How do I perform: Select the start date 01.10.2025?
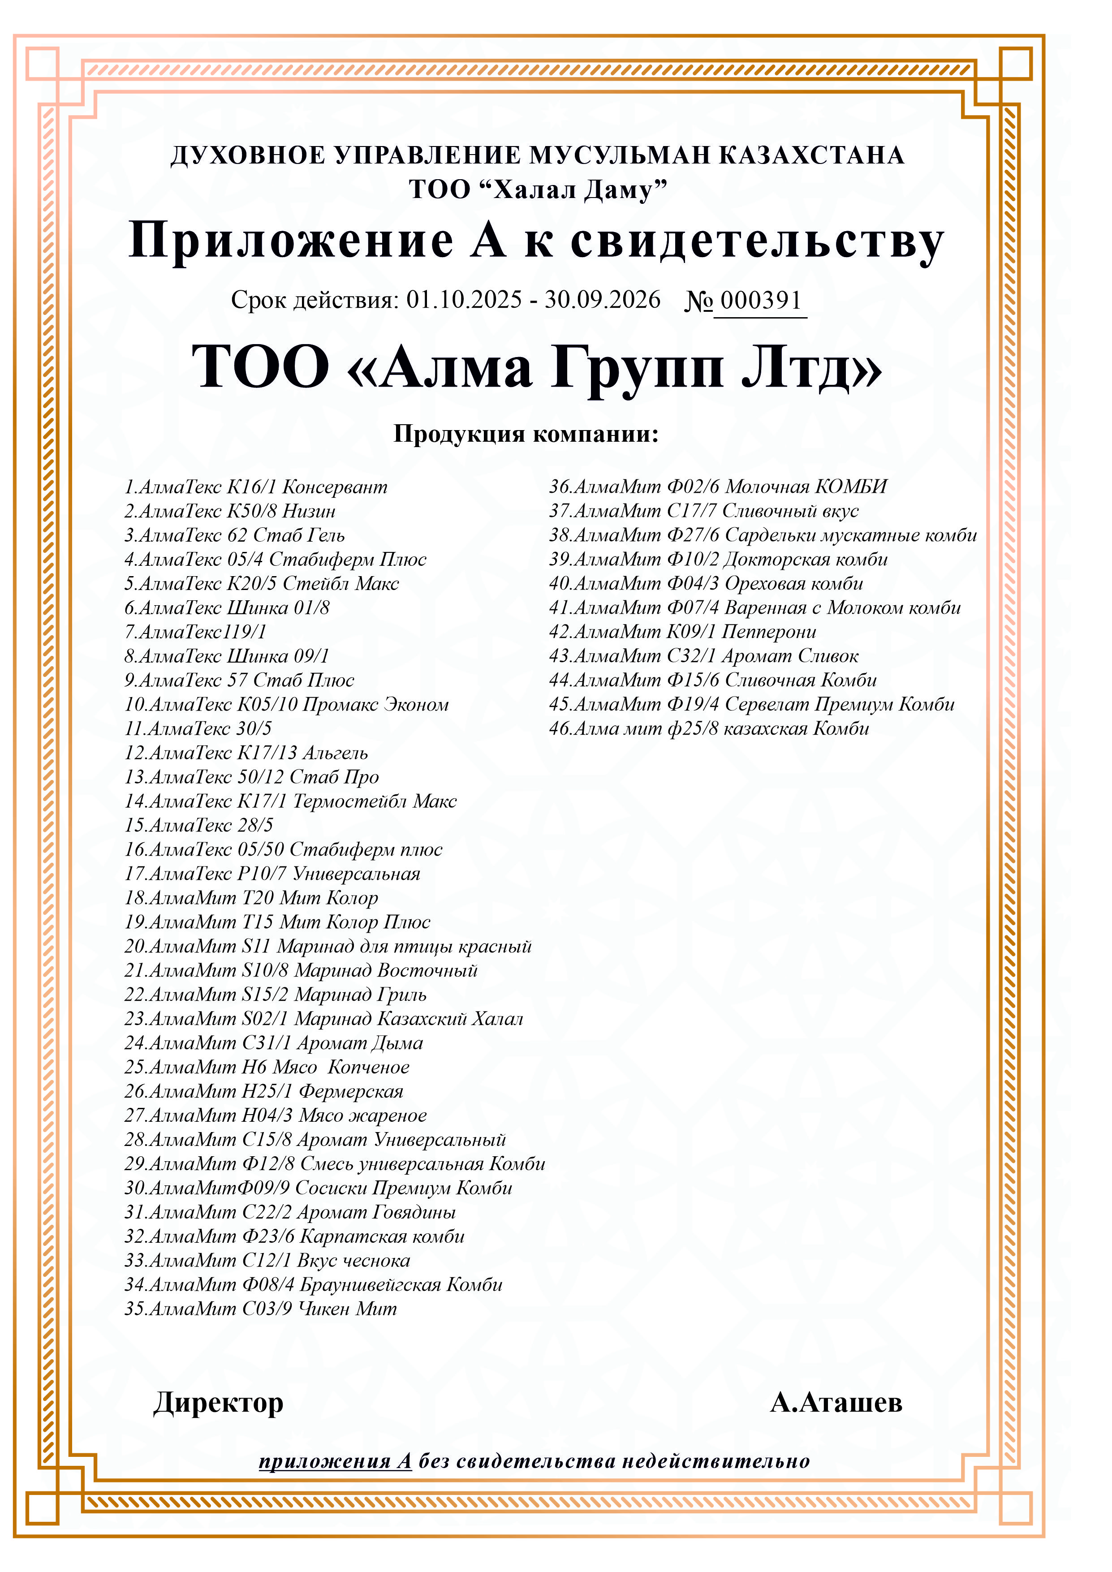pyautogui.click(x=464, y=300)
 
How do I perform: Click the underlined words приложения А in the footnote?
pyautogui.click(x=335, y=1461)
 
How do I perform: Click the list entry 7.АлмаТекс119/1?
pyautogui.click(x=195, y=632)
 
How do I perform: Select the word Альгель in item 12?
pyautogui.click(x=336, y=753)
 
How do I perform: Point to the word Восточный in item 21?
pyautogui.click(x=427, y=970)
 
